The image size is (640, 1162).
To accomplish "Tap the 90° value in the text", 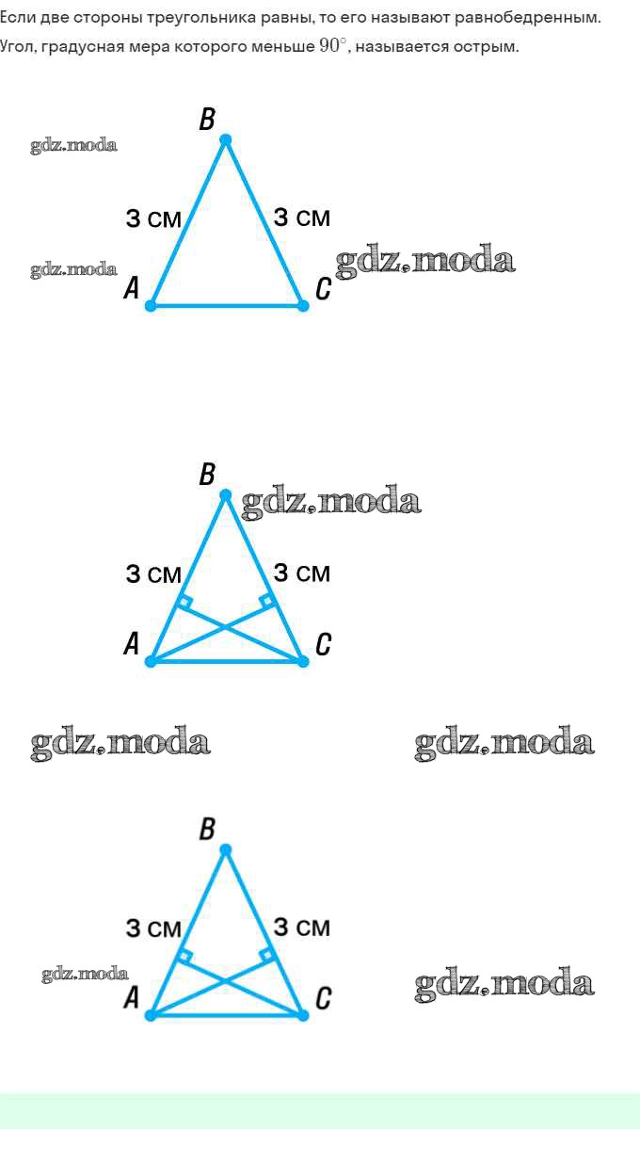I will coord(334,46).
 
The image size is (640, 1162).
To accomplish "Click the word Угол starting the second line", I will coord(16,46).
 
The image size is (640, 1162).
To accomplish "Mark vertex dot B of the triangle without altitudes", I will coord(225,140).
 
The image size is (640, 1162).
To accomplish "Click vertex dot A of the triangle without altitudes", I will coord(151,305).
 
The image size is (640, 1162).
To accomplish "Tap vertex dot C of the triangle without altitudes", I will coord(303,305).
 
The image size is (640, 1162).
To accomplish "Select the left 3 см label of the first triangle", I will coord(153,218).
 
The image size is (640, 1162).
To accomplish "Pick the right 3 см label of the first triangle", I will coord(302,218).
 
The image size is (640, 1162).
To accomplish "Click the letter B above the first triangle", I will coord(207,120).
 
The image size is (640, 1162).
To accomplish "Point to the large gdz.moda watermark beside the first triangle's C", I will coord(425,262).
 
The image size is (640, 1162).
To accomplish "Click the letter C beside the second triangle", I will coord(323,644).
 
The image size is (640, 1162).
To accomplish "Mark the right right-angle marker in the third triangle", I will coord(267,956).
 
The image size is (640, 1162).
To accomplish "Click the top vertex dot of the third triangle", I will coord(225,850).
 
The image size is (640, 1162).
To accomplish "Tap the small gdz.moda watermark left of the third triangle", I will coord(85,975).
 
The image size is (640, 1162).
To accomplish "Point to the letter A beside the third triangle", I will coord(132,997).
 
